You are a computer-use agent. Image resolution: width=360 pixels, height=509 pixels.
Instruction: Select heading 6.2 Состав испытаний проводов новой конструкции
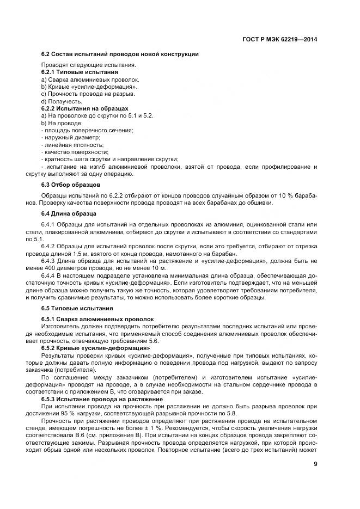(120, 54)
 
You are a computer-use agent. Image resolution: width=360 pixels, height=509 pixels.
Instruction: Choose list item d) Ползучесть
(62, 101)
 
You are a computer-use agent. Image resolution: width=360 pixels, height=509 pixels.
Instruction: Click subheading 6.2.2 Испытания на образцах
(85, 108)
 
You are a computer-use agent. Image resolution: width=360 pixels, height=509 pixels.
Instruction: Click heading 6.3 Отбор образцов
(71, 185)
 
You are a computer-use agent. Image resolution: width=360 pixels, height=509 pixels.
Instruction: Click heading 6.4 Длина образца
(70, 214)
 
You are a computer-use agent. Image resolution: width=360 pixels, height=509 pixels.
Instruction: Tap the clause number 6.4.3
(50, 261)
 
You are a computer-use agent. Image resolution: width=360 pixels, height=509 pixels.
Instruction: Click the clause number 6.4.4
(50, 275)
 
